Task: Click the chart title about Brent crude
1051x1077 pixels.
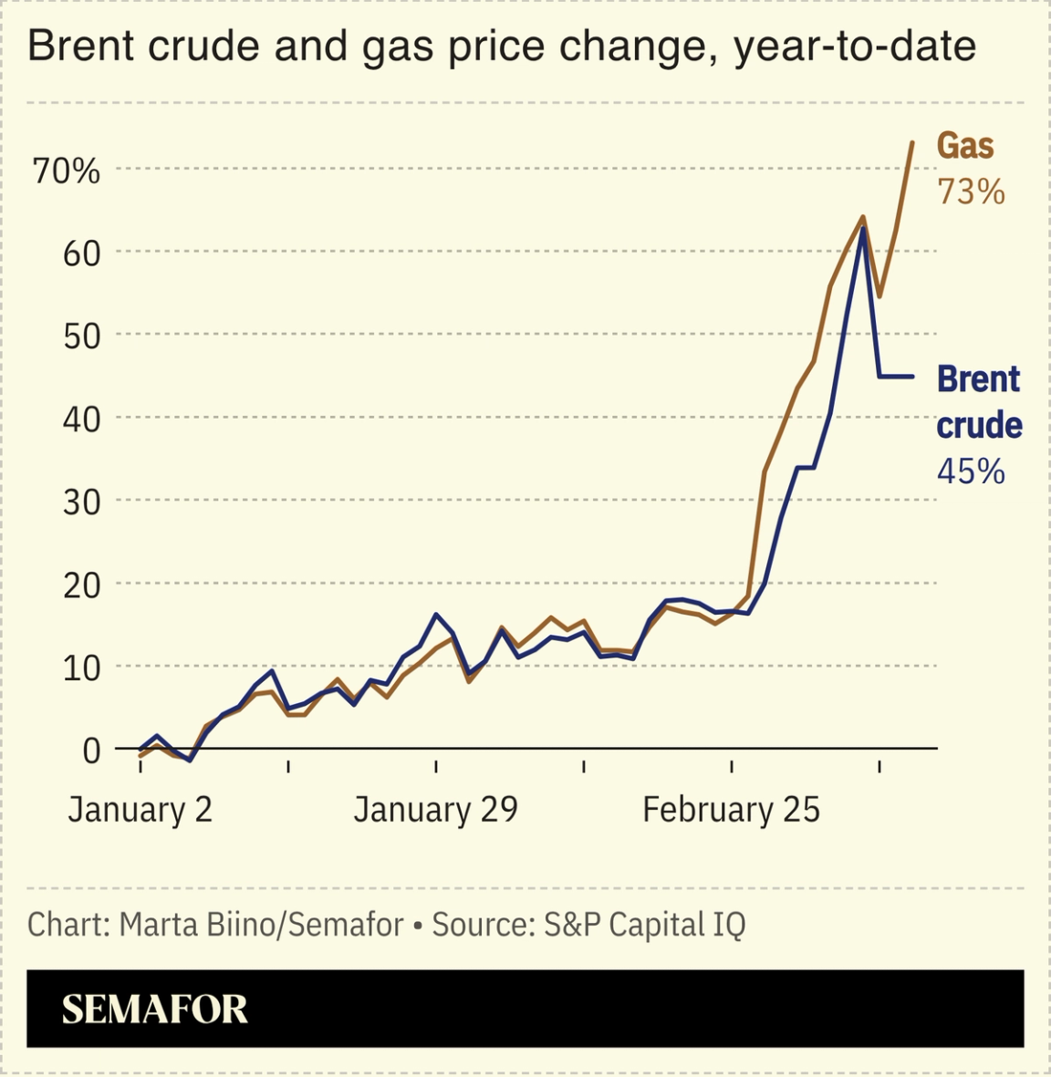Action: [x=501, y=47]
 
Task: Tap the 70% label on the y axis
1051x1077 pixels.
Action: [x=67, y=171]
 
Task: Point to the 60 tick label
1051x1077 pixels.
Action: [x=80, y=254]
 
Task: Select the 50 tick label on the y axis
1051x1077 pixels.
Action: [x=80, y=337]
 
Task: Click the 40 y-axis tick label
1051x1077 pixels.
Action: [x=80, y=419]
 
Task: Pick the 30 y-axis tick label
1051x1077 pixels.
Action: [x=80, y=502]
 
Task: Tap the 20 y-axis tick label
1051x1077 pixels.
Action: [x=80, y=585]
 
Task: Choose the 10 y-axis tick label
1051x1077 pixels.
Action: [x=80, y=668]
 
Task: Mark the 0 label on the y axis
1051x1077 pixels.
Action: [x=91, y=751]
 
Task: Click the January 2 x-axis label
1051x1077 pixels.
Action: [x=140, y=810]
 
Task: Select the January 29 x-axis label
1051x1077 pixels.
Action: [x=435, y=810]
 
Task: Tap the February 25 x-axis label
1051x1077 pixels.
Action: [x=731, y=810]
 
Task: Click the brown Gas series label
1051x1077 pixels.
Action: [x=965, y=146]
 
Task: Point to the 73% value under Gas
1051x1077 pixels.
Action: [x=971, y=192]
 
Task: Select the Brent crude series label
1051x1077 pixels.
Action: [x=979, y=402]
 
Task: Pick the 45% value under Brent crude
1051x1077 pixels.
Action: [x=971, y=471]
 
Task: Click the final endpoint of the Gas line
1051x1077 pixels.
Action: [x=911, y=143]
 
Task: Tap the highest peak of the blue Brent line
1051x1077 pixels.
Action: [x=862, y=229]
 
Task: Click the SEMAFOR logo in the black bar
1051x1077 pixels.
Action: [x=154, y=1010]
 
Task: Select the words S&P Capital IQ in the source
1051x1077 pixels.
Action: [x=644, y=925]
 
